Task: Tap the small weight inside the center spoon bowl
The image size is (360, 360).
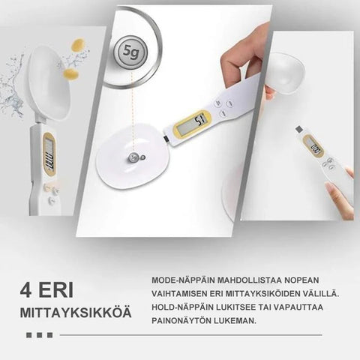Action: pos(133,157)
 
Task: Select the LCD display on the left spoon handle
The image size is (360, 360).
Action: pos(49,154)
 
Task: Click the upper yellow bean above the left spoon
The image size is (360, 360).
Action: pos(78,45)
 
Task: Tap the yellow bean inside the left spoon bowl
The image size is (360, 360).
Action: pos(70,74)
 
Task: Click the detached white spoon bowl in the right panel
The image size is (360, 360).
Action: pos(286,72)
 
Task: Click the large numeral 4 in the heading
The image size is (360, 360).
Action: pos(26,290)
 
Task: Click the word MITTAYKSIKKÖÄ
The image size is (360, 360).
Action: pos(76,313)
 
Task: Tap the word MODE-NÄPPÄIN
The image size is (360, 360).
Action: pos(183,280)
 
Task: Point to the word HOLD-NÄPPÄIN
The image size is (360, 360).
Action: pos(183,307)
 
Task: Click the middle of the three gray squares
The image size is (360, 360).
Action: pos(40,335)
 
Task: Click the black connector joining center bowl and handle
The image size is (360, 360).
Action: pos(165,138)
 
